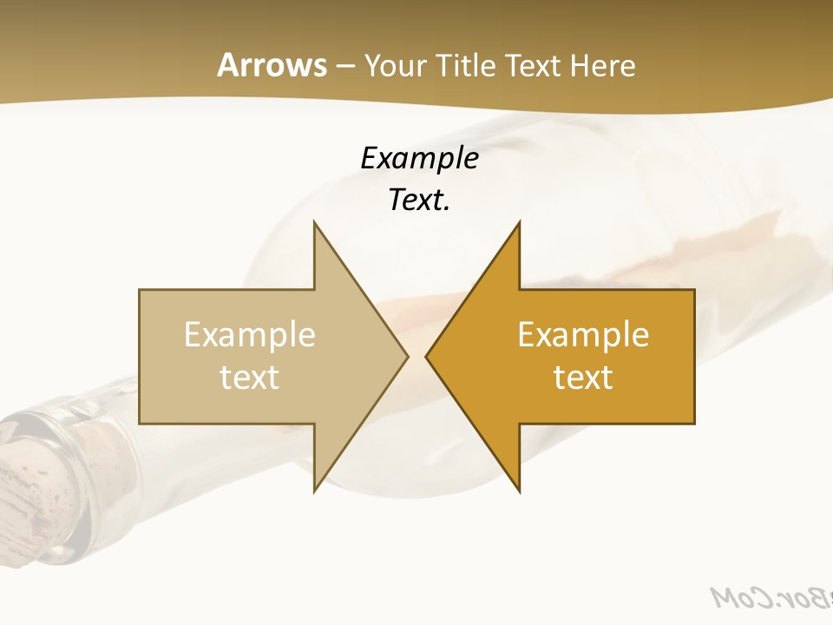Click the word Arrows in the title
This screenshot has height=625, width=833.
(x=272, y=65)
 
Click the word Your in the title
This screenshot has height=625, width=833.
(x=395, y=65)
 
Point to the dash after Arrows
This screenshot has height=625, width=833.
(x=344, y=66)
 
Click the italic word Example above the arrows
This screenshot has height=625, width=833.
(x=419, y=158)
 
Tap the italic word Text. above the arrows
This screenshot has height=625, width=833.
(x=419, y=200)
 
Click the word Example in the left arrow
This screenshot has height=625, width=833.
(x=250, y=334)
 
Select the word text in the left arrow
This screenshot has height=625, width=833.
(x=250, y=377)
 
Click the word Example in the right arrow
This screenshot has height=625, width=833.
(x=583, y=334)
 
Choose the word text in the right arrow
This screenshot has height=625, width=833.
(x=583, y=377)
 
